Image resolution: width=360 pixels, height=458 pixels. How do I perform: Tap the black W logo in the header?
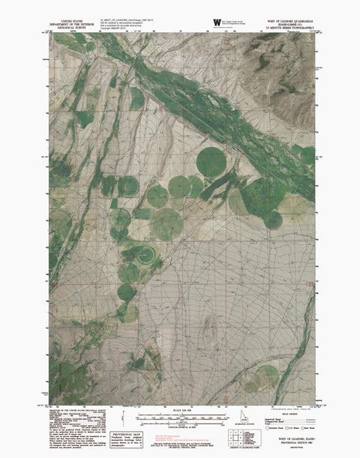(x=217, y=22)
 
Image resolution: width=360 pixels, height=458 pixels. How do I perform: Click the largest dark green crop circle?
(x=212, y=161)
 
